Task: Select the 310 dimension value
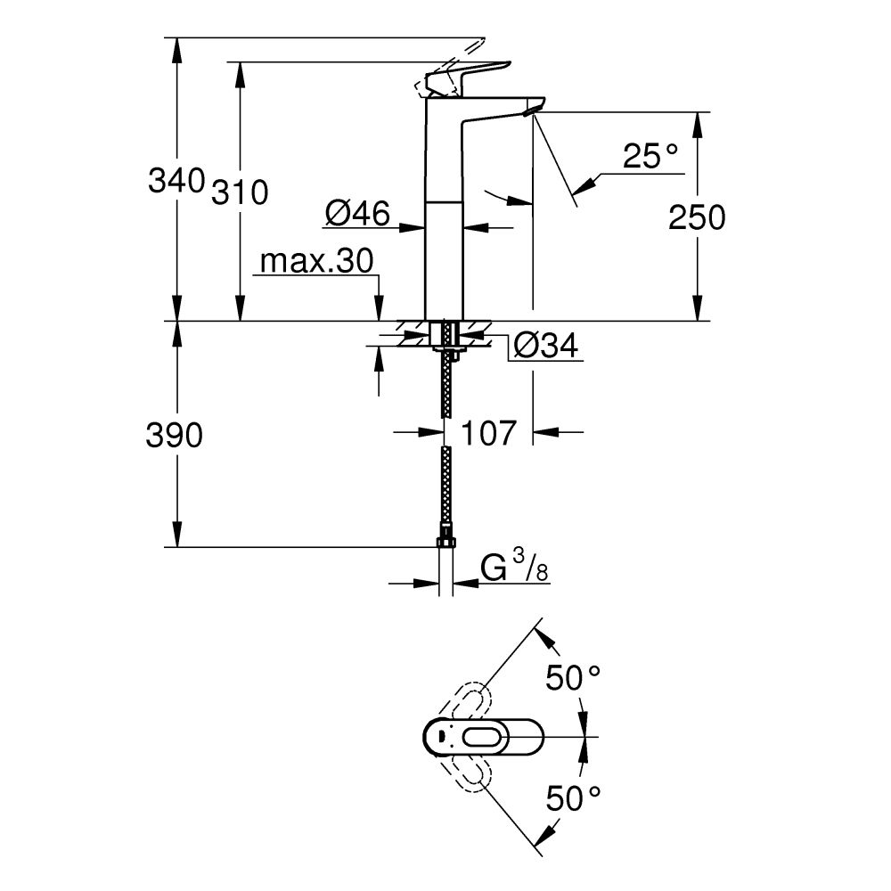pyautogui.click(x=239, y=192)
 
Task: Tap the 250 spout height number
pyautogui.click(x=697, y=217)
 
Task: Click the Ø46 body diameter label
pyautogui.click(x=357, y=214)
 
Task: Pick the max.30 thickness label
pyautogui.click(x=316, y=262)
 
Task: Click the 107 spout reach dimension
pyautogui.click(x=488, y=433)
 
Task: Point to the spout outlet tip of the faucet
pyautogui.click(x=533, y=110)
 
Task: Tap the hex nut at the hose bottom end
pyautogui.click(x=446, y=543)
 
